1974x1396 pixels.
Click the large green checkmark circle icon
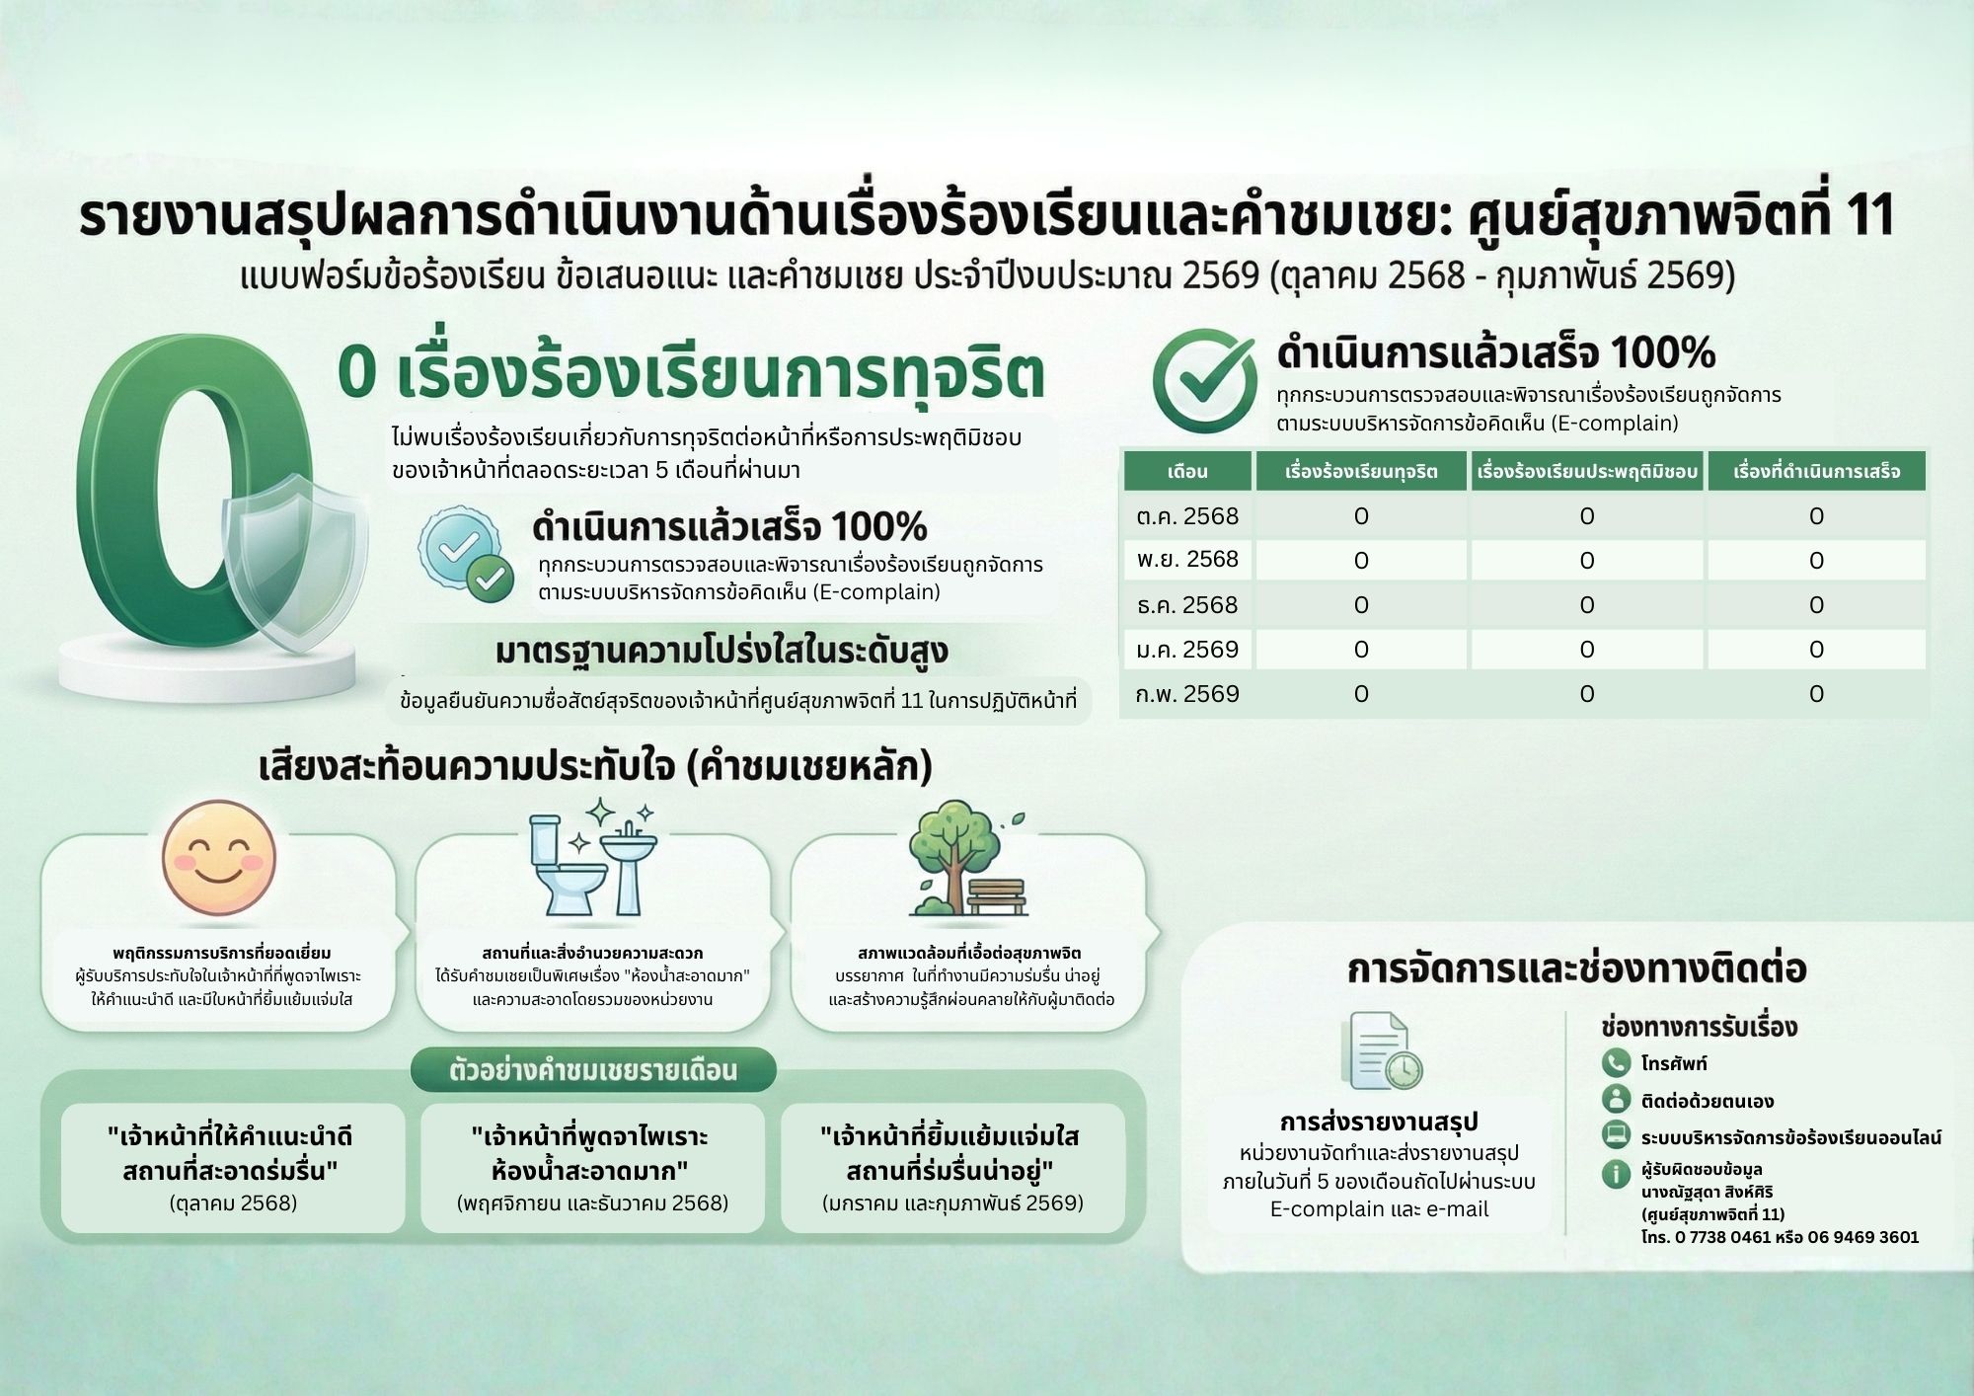tap(1204, 380)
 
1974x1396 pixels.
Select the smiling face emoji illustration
tap(219, 857)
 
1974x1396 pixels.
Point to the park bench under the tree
tap(996, 894)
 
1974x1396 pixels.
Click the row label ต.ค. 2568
tap(1187, 516)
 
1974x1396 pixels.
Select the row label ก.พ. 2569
tap(1187, 694)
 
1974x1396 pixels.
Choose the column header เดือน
tap(1187, 471)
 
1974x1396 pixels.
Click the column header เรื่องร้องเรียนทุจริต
tap(1361, 471)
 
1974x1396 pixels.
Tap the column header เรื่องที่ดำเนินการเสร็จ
tap(1817, 471)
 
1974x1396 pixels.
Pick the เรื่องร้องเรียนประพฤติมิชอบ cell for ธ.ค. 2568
tap(1587, 605)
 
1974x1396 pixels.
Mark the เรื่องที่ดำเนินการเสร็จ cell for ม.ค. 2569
tap(1816, 650)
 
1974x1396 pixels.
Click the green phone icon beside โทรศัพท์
tap(1616, 1062)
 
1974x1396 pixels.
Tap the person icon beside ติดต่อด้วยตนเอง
tap(1616, 1099)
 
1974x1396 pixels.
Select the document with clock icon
tap(1381, 1050)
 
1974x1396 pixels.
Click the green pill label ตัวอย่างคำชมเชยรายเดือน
tap(593, 1070)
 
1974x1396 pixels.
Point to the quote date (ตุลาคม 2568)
tap(234, 1202)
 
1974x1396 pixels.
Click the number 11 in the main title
tap(1866, 215)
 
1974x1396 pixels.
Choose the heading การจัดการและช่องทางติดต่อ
tap(1576, 969)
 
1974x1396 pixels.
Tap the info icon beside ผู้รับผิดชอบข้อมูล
tap(1616, 1174)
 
